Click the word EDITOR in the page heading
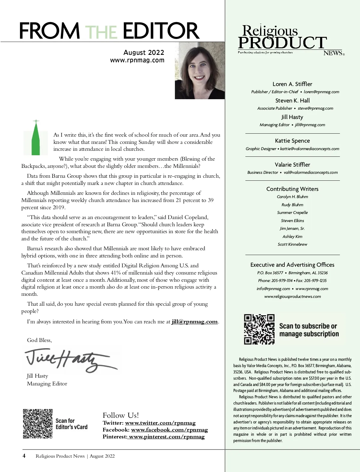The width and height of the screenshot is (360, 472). (161, 31)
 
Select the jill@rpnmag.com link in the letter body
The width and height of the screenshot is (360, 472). (195, 322)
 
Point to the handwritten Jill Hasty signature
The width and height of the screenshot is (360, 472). (69, 360)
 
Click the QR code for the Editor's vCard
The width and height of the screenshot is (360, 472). (38, 424)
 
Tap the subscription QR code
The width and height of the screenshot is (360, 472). (259, 329)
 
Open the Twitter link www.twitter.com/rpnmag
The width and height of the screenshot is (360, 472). (160, 423)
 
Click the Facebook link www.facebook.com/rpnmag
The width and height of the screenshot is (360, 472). (169, 430)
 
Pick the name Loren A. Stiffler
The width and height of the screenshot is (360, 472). (292, 84)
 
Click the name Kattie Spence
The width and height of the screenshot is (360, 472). (292, 141)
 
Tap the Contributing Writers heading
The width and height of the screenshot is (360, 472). (292, 189)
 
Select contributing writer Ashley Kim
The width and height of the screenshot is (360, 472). (292, 236)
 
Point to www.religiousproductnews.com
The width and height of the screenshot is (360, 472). (292, 297)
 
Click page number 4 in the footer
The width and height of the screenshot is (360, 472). (24, 456)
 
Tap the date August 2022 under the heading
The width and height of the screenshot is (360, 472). (144, 53)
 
